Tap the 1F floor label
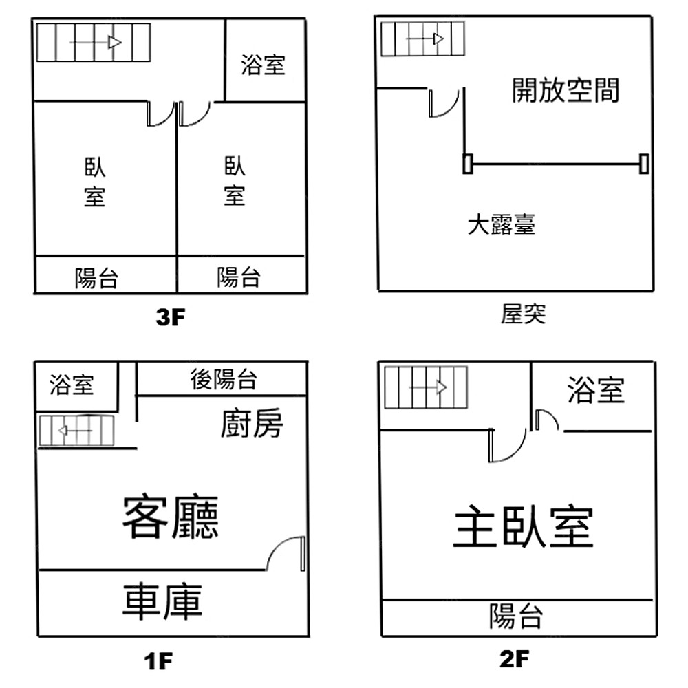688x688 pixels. tap(158, 662)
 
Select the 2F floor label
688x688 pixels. tap(514, 660)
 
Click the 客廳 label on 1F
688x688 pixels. tap(171, 517)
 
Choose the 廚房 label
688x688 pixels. tap(252, 424)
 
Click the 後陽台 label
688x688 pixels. tap(224, 379)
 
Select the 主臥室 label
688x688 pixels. tap(523, 528)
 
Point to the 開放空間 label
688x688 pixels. tap(566, 90)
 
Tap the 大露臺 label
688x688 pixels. tap(501, 224)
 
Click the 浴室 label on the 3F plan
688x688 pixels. tap(263, 65)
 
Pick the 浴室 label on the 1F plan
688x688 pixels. tap(72, 385)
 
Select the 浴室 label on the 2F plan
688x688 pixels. tap(596, 391)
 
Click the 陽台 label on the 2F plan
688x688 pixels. tap(517, 616)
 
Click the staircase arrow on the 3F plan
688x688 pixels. tap(96, 43)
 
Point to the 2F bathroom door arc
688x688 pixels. tap(546, 419)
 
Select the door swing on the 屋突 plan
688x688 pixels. tap(444, 103)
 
